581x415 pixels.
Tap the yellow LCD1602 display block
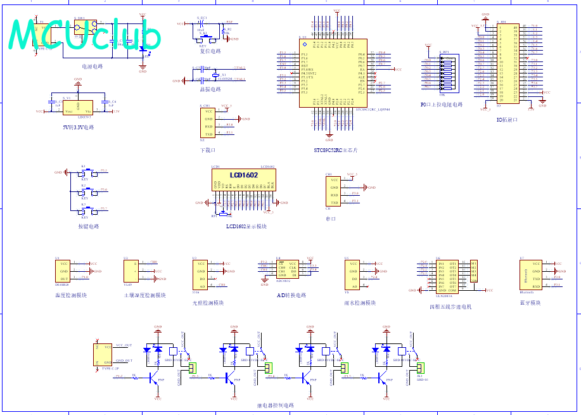click(243, 180)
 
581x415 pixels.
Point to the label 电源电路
click(92, 66)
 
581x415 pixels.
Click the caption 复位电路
click(210, 51)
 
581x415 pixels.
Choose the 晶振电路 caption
click(210, 89)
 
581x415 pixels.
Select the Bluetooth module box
click(530, 274)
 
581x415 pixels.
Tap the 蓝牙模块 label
click(530, 303)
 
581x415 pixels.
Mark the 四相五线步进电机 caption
click(450, 307)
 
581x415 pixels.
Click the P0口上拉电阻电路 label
click(442, 105)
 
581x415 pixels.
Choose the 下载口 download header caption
click(208, 150)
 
